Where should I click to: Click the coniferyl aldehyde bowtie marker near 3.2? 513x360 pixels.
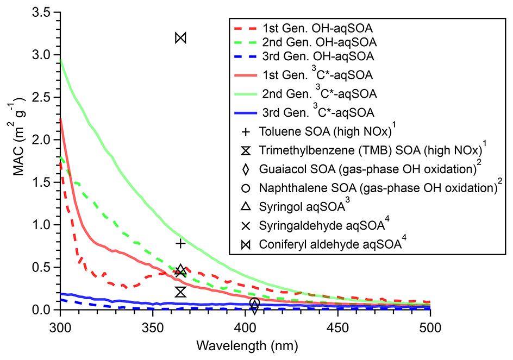tap(181, 37)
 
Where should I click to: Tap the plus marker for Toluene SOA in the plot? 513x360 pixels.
tap(181, 243)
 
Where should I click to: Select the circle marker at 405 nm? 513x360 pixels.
tap(254, 303)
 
